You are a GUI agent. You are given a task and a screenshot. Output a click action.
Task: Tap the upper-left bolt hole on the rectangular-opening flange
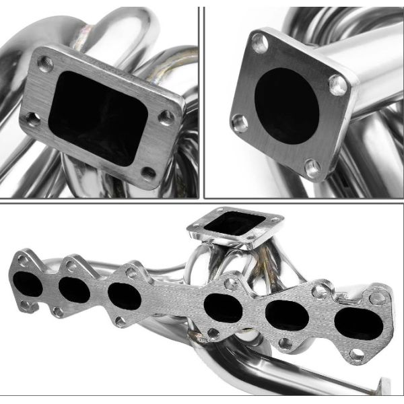45,65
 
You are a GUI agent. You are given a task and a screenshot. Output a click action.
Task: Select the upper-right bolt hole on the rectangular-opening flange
166,118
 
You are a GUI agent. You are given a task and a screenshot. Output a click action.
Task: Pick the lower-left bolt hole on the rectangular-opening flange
30,121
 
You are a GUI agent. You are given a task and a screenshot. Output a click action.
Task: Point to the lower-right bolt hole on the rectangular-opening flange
149,174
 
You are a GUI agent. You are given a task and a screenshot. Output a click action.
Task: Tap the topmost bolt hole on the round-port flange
260,44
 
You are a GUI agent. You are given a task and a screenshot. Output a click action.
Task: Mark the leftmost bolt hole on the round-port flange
239,123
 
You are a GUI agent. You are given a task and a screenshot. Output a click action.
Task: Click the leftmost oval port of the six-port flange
28,283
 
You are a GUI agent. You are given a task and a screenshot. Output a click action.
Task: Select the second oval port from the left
73,290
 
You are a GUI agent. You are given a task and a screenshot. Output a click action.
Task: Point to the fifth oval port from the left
285,315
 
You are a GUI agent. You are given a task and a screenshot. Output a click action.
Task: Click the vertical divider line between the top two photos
201,101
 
